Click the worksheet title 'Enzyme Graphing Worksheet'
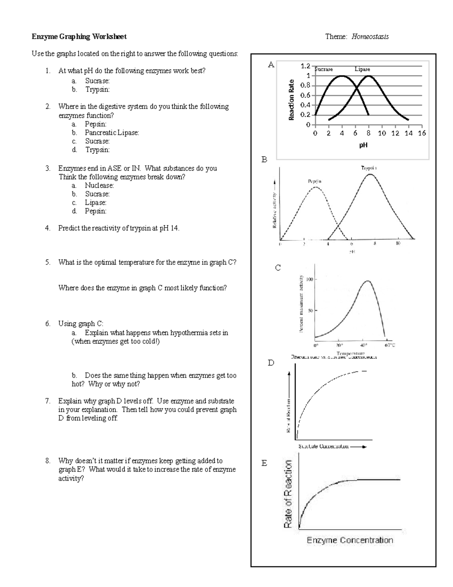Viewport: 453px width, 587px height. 79,37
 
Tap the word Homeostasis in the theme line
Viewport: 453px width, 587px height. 370,37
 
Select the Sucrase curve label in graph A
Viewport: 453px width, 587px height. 324,69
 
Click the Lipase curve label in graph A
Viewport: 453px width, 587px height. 362,69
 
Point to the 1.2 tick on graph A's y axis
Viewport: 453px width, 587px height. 305,66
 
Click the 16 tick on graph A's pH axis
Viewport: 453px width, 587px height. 422,133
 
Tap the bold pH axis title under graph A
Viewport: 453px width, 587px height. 363,145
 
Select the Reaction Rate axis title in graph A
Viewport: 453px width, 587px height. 291,100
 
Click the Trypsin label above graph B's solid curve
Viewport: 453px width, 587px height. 369,167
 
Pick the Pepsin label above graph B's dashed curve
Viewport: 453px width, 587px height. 314,181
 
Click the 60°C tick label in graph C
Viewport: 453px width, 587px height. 390,345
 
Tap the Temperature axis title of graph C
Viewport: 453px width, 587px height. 350,353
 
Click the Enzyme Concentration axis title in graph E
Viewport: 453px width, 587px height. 350,540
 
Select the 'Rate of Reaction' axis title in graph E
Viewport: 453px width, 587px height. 288,494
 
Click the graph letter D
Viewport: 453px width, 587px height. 271,363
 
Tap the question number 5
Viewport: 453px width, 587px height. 47,262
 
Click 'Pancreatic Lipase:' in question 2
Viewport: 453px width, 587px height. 112,133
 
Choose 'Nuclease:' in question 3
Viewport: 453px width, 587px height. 99,185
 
